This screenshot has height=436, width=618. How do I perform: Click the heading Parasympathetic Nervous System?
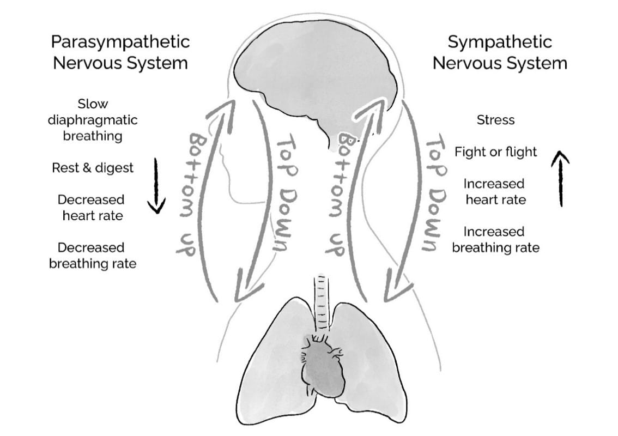coord(120,52)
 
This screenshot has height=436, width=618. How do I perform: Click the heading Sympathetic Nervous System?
coord(499,52)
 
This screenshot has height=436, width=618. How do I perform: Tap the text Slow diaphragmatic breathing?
coord(93,120)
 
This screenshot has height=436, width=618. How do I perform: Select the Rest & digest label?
coord(93,168)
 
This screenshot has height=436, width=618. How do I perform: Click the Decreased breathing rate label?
coord(93,256)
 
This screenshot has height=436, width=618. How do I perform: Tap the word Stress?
coord(495,120)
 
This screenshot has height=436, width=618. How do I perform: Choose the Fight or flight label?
coord(495,152)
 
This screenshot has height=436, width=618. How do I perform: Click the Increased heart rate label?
coord(495,192)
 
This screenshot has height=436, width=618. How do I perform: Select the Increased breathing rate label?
coord(495,240)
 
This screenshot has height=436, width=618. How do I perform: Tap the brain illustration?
coord(316,76)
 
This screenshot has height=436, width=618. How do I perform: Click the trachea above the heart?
coord(322,305)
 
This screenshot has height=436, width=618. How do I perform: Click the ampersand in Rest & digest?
coord(87,168)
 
